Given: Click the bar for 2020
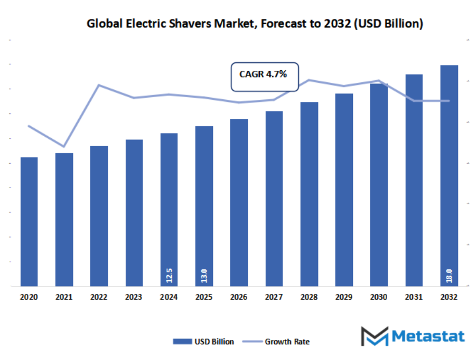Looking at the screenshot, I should pyautogui.click(x=29, y=222).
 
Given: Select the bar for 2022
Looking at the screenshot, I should pyautogui.click(x=99, y=216).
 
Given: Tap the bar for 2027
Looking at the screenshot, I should pyautogui.click(x=274, y=199).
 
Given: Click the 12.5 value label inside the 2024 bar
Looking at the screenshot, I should pyautogui.click(x=169, y=276).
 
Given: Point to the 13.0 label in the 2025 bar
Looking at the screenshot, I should pyautogui.click(x=204, y=276).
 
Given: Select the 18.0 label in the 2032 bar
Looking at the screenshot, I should pyautogui.click(x=449, y=276).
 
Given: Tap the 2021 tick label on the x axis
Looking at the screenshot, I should pyautogui.click(x=64, y=298).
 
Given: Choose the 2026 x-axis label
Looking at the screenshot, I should pyautogui.click(x=239, y=298).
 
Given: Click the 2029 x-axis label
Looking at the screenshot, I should pyautogui.click(x=344, y=298).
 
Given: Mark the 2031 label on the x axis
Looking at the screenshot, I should pyautogui.click(x=414, y=298).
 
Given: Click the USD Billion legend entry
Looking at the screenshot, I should pyautogui.click(x=203, y=342).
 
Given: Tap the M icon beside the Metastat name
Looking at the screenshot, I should pyautogui.click(x=374, y=336).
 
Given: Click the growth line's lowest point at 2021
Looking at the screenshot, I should pyautogui.click(x=64, y=146).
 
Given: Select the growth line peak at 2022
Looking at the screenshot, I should pyautogui.click(x=99, y=85).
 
